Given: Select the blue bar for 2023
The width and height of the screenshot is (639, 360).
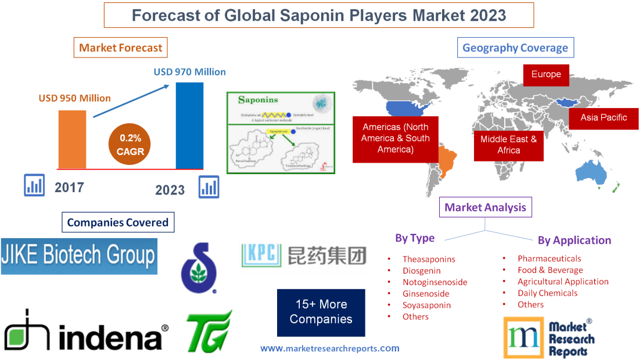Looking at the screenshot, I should [x=189, y=125].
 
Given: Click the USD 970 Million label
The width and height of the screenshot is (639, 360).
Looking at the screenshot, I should [x=189, y=72].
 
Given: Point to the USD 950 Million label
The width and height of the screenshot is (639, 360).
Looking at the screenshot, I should [x=75, y=98].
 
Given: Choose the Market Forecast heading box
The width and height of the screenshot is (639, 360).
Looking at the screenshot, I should [x=121, y=48].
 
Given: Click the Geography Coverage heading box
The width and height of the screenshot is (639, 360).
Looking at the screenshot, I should [x=515, y=48].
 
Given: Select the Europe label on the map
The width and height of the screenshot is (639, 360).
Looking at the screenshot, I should [x=545, y=74].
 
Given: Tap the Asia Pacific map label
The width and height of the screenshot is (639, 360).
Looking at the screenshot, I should [x=604, y=117].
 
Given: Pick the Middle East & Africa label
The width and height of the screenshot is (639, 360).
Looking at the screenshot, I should [x=508, y=145].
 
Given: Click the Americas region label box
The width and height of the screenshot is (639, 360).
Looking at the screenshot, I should [x=395, y=138].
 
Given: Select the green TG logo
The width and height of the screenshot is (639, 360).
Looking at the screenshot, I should [x=209, y=331].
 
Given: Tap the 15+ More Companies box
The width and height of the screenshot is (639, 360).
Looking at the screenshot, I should [x=321, y=312].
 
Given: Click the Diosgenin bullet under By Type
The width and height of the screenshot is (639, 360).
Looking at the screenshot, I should [x=421, y=271].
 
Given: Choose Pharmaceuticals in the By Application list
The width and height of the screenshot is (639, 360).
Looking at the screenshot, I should [x=549, y=258].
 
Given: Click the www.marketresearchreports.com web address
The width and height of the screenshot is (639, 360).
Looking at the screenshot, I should [x=329, y=348].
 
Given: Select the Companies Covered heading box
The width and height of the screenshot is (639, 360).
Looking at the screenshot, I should [x=117, y=222].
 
